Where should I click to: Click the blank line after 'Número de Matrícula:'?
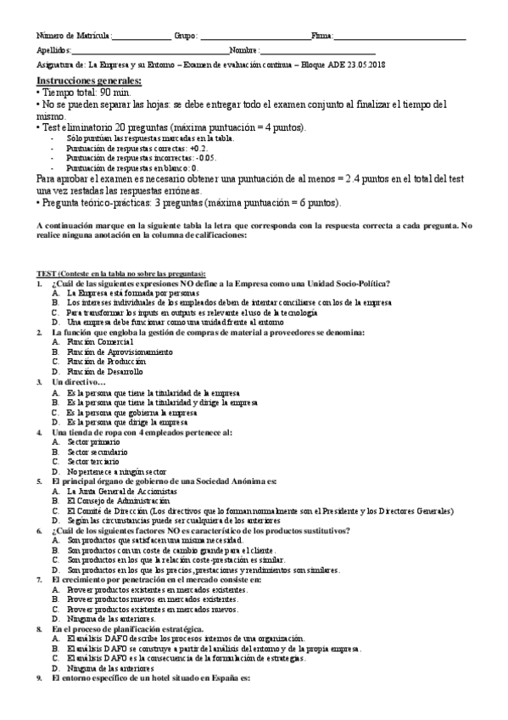pos(141,37)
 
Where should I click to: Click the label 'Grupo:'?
pos(186,37)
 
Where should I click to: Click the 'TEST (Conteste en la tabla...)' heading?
pos(120,273)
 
